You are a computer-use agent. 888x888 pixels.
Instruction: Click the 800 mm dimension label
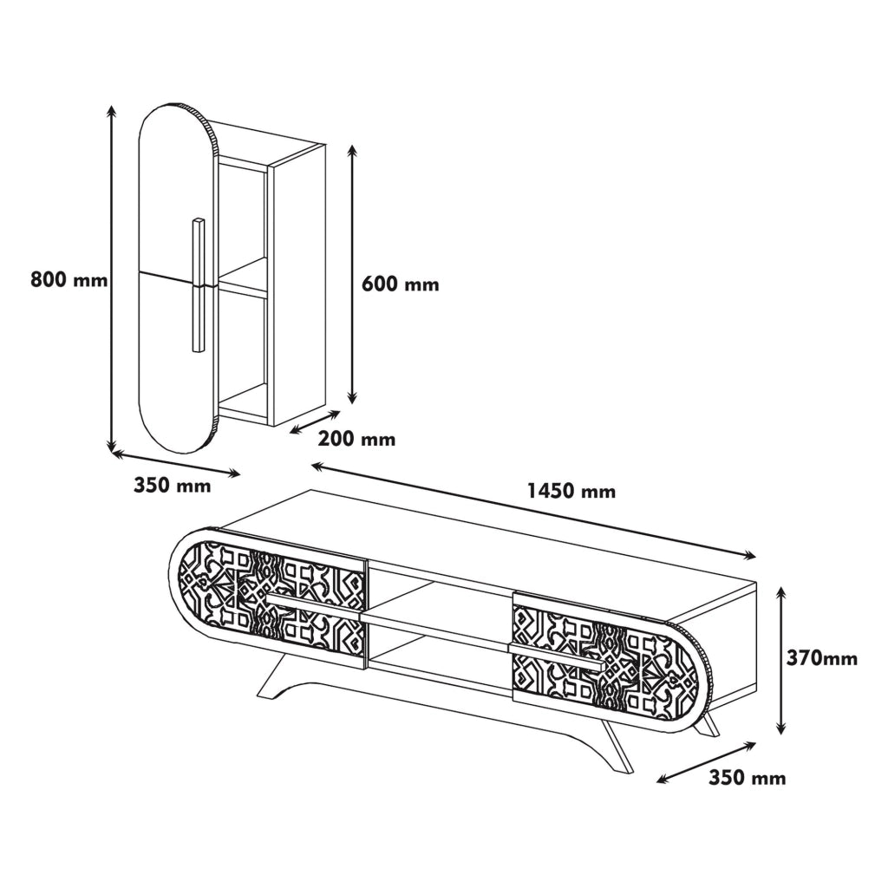click(69, 279)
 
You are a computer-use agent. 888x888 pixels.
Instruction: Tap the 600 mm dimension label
click(401, 284)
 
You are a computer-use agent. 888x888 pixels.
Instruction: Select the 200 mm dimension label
click(356, 438)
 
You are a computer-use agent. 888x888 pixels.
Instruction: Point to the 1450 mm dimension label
click(571, 491)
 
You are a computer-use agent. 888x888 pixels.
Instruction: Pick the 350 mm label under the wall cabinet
click(173, 486)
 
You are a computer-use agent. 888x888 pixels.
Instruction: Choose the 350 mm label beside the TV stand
click(748, 778)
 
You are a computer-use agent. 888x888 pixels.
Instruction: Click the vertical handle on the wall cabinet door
click(198, 284)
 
